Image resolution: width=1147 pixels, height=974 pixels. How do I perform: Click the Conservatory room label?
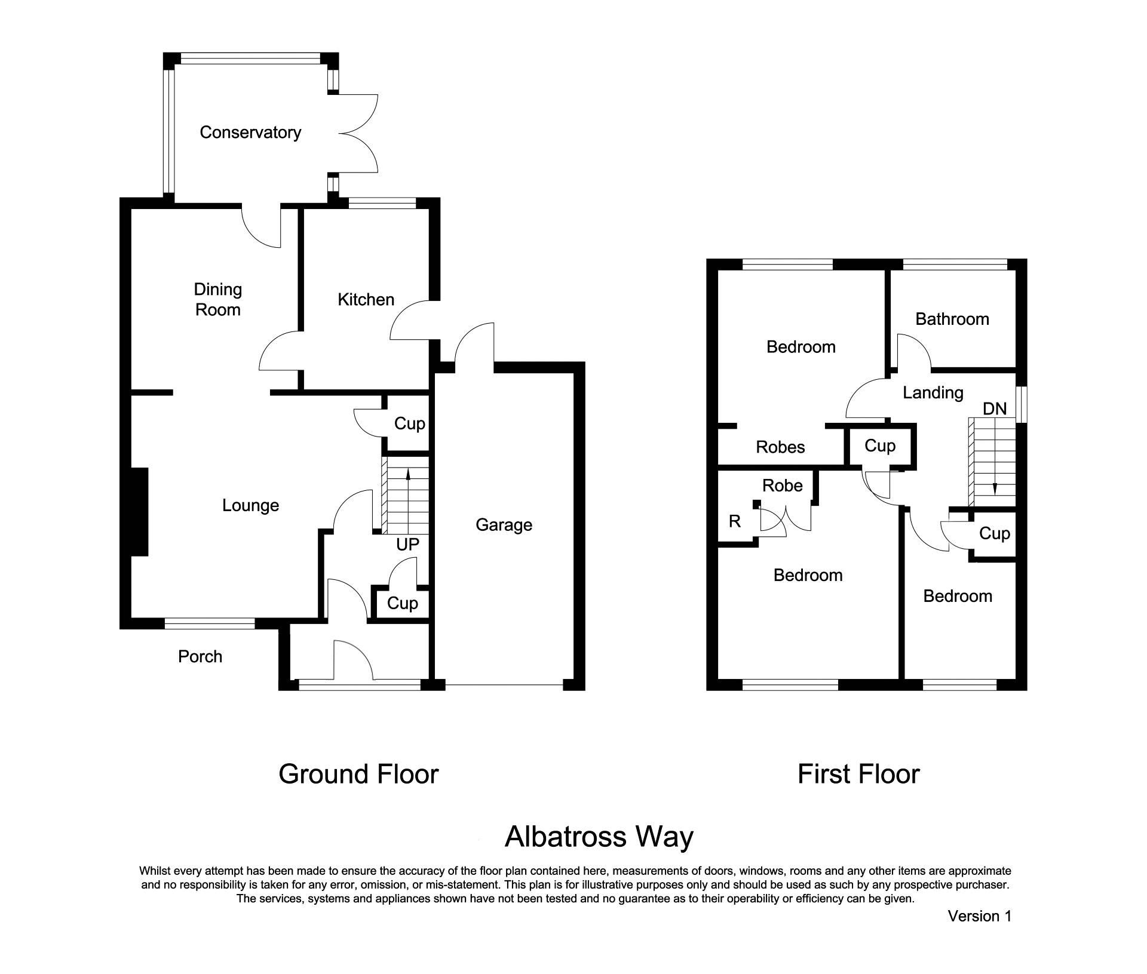(x=250, y=133)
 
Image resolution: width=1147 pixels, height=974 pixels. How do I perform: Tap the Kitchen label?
(x=366, y=300)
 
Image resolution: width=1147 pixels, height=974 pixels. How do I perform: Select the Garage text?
(x=504, y=525)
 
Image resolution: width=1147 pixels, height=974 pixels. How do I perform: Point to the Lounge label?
(x=250, y=506)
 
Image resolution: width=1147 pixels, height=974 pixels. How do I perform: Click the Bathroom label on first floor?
(x=952, y=319)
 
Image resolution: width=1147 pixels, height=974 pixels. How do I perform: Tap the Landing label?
(x=933, y=393)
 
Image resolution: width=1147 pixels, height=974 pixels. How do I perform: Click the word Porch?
(x=200, y=657)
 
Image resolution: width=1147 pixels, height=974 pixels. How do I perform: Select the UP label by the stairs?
(x=407, y=545)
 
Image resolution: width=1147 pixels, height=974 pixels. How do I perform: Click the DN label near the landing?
(x=995, y=409)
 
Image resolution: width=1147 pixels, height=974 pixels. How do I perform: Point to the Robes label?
(x=780, y=447)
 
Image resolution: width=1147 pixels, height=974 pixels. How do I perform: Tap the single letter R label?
(x=735, y=522)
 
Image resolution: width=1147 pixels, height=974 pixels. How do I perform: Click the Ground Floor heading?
(x=358, y=775)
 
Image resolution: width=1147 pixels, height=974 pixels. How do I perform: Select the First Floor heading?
(x=858, y=775)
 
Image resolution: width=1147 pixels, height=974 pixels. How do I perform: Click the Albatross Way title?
(x=599, y=837)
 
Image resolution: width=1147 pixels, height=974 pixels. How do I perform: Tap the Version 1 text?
(x=979, y=916)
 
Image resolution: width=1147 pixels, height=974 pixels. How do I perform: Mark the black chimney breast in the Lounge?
(x=140, y=512)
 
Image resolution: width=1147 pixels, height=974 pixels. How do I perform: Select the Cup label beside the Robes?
(x=879, y=446)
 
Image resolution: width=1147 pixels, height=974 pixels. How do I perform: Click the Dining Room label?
(x=217, y=300)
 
